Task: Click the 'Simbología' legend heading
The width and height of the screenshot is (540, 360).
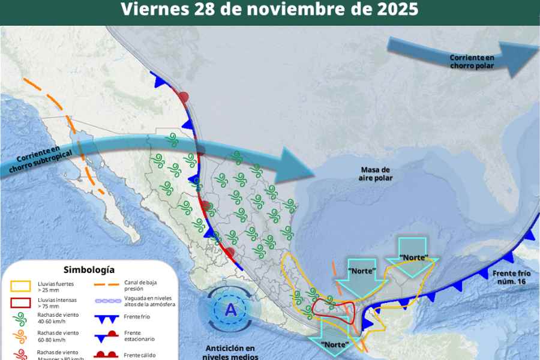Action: point(89,270)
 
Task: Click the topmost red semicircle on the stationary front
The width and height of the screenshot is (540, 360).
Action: point(184,97)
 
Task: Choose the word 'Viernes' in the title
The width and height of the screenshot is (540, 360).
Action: point(151,10)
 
